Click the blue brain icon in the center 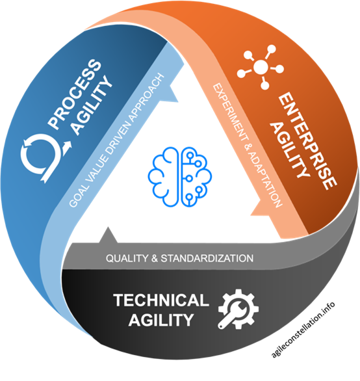[180, 177]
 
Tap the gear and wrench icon [238, 309]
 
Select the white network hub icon [261, 67]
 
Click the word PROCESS [75, 94]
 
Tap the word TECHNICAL [161, 300]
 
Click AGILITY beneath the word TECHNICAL [161, 320]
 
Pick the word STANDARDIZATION [207, 258]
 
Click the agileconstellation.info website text [303, 330]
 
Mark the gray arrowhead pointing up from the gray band [108, 235]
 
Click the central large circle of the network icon [261, 66]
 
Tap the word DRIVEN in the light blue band [117, 138]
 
